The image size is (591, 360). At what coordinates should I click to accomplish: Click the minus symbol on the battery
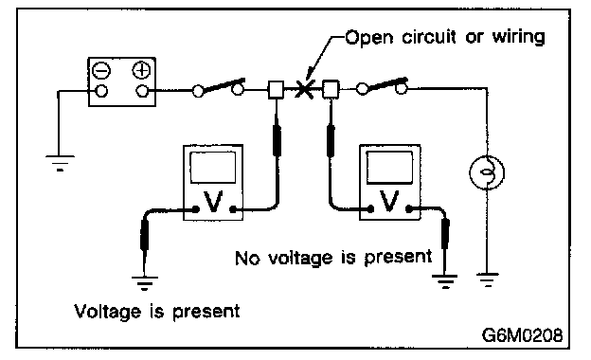pos(101,70)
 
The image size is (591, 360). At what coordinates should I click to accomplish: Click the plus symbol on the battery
pos(141,70)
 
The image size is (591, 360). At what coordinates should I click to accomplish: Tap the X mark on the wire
pos(304,89)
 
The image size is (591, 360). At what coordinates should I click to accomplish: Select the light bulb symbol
pos(487,172)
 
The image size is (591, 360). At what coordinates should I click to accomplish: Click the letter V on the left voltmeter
pos(213,202)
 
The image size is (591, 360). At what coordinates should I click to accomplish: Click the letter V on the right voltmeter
pos(389,201)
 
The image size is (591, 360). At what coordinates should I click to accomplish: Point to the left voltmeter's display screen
pos(213,168)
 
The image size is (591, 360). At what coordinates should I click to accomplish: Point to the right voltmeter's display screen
pos(389,167)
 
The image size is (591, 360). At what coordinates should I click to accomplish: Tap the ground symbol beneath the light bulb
pos(487,279)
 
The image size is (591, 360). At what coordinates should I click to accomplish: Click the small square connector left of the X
pos(276,90)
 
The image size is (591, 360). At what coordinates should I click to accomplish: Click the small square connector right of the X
pos(331,90)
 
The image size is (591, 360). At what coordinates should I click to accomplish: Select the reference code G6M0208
pos(522,334)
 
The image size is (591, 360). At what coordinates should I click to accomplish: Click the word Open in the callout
pos(369,38)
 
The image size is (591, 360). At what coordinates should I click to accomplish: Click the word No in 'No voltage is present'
pos(247,259)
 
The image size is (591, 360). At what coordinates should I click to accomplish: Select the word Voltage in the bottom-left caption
pos(107,312)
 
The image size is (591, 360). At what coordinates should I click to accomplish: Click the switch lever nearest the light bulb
pos(387,83)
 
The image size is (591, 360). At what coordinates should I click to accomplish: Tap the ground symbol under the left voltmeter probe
pos(144,282)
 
